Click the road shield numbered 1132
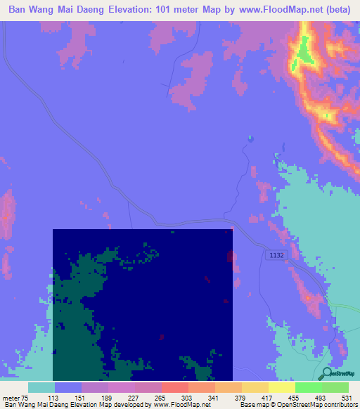(x=276, y=257)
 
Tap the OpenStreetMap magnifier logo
(x=326, y=373)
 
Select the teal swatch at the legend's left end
(x=41, y=387)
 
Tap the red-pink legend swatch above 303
(x=174, y=387)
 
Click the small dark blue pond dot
(x=250, y=138)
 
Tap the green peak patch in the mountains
(x=304, y=53)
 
